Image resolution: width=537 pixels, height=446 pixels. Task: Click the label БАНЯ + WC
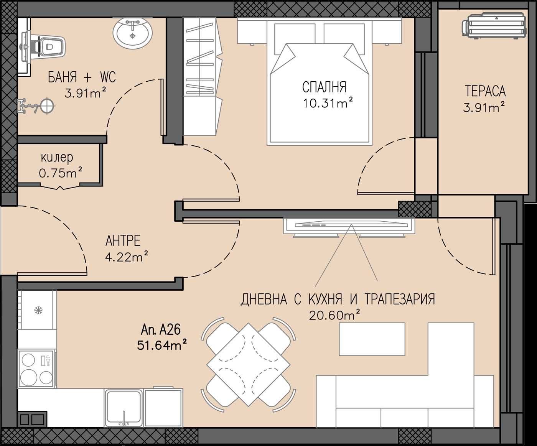pyautogui.click(x=82, y=77)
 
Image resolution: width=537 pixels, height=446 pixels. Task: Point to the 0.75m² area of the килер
pyautogui.click(x=61, y=173)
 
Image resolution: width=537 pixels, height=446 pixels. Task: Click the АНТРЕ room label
pyautogui.click(x=123, y=241)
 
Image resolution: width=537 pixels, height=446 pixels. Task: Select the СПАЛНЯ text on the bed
pyautogui.click(x=324, y=87)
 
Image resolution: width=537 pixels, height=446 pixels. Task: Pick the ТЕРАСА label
pyautogui.click(x=485, y=91)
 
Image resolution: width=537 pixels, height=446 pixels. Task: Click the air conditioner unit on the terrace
pyautogui.click(x=494, y=26)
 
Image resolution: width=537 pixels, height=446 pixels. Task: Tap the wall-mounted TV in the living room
pyautogui.click(x=349, y=226)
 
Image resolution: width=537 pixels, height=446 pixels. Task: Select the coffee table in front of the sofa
pyautogui.click(x=372, y=339)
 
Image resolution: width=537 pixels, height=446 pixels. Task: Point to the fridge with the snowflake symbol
pyautogui.click(x=37, y=310)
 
